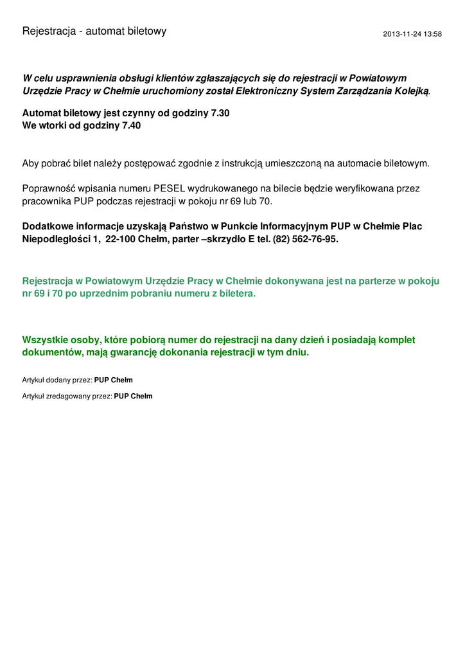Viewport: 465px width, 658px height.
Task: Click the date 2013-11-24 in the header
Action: [402, 34]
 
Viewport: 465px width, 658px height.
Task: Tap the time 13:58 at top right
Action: [433, 34]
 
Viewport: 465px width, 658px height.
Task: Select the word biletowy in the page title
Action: [145, 31]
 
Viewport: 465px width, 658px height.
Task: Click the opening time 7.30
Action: [220, 113]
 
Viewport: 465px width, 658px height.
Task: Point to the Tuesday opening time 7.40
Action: [131, 125]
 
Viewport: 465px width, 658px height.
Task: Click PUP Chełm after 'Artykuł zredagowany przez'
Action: [133, 396]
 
